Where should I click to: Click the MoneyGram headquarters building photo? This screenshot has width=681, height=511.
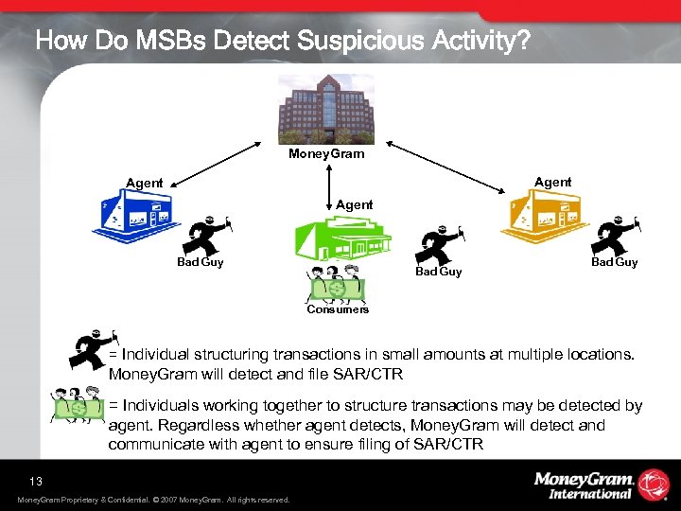point(326,109)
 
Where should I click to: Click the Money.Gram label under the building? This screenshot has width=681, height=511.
point(326,153)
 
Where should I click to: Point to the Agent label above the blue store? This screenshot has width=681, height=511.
point(145,183)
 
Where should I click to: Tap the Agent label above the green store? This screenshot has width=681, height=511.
point(355,204)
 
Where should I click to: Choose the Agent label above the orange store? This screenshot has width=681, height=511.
point(552,182)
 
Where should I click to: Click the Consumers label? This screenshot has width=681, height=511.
point(338,309)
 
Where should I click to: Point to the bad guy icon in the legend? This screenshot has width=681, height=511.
point(93,350)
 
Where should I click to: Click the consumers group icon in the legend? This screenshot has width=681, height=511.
point(79,409)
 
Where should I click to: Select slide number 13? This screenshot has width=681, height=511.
point(36,481)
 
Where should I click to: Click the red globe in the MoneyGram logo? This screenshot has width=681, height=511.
point(654,485)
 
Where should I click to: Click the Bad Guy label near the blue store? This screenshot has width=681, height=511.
point(201,262)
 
